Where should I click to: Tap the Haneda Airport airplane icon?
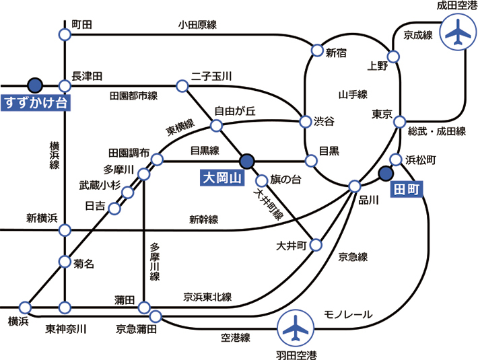(296, 329)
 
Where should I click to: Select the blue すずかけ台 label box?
(36, 103)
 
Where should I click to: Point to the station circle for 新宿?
(317, 50)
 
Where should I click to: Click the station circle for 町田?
(65, 34)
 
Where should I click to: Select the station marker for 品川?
(355, 185)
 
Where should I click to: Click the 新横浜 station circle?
(65, 230)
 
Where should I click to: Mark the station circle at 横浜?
(26, 307)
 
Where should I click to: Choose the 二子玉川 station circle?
(182, 85)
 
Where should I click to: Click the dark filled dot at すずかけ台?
(35, 85)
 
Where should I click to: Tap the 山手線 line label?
(353, 94)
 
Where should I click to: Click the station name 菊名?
(83, 264)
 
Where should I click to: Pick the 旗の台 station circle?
(261, 180)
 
